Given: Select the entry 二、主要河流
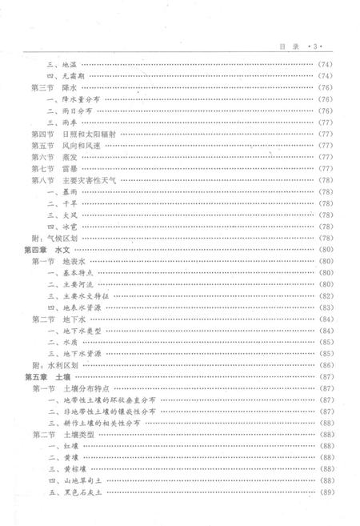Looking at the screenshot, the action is point(73,284).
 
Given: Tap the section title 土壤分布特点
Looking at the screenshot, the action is point(89,388).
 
